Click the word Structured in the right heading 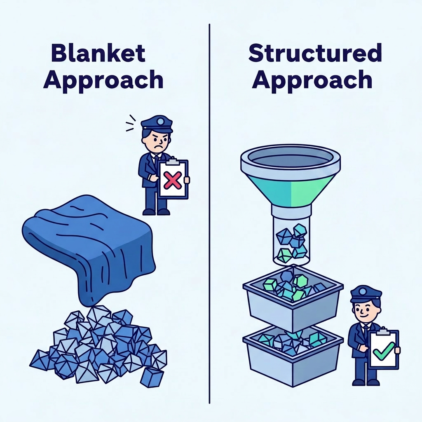[315, 54]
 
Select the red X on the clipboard [173, 181]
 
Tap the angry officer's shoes [156, 212]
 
